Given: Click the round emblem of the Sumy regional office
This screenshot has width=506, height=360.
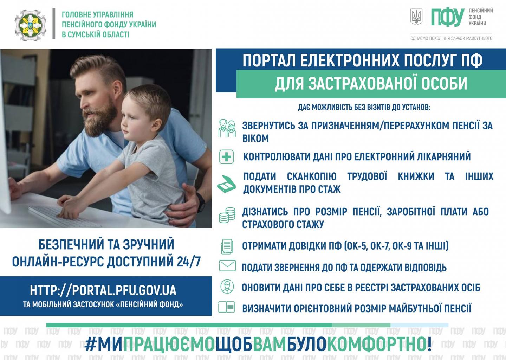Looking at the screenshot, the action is click(31, 25).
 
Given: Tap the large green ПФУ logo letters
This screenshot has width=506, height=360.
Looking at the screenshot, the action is click(448, 17).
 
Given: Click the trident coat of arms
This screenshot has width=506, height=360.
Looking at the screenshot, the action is click(416, 17).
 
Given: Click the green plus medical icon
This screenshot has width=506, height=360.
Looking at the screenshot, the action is click(227, 157).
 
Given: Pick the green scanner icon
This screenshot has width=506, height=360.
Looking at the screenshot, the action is click(227, 184).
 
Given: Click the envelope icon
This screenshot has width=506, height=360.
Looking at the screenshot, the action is click(227, 265).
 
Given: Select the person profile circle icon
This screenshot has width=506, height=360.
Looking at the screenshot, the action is click(227, 287).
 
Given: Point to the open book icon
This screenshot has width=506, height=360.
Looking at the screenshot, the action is click(227, 307).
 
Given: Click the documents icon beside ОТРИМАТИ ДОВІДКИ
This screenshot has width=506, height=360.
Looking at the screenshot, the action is click(227, 246).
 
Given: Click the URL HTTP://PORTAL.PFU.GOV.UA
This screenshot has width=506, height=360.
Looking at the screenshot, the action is click(103, 290).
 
